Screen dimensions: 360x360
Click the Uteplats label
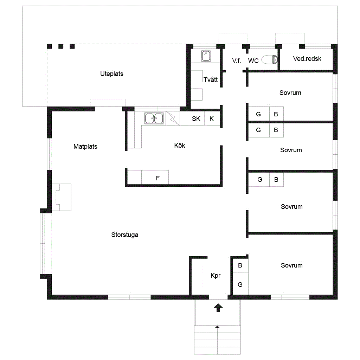pyautogui.click(x=111, y=74)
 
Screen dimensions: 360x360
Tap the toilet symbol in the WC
pyautogui.click(x=270, y=60)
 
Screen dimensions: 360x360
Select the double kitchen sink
pyautogui.click(x=154, y=118)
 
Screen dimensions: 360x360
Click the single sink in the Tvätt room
pyautogui.click(x=206, y=56)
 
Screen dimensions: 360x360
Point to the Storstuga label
pyautogui.click(x=125, y=234)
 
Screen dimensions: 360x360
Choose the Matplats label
pyautogui.click(x=85, y=147)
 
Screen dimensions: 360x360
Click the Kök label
pyautogui.click(x=180, y=145)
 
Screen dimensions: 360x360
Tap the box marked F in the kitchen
pyautogui.click(x=155, y=177)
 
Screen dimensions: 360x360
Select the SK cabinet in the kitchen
pyautogui.click(x=197, y=118)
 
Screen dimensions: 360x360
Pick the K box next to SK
pyautogui.click(x=212, y=118)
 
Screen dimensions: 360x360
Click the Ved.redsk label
pyautogui.click(x=307, y=59)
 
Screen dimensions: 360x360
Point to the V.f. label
pyautogui.click(x=237, y=60)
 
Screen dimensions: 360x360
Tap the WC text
pyautogui.click(x=253, y=60)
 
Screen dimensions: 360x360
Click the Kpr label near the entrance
pyautogui.click(x=216, y=276)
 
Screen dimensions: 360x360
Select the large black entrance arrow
pyautogui.click(x=218, y=308)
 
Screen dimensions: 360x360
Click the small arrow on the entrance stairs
pyautogui.click(x=217, y=327)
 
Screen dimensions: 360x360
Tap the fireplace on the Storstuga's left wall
pyautogui.click(x=62, y=197)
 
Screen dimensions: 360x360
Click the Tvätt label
pyautogui.click(x=211, y=80)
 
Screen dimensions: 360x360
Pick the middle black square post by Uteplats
pyautogui.click(x=61, y=46)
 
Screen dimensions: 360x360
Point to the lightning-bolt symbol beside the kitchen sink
pyautogui.click(x=173, y=118)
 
